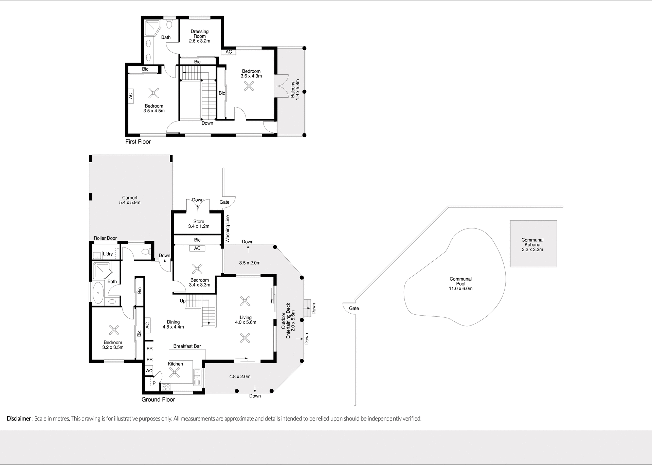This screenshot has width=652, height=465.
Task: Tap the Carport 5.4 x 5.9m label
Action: [130, 200]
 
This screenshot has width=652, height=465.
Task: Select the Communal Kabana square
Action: [533, 244]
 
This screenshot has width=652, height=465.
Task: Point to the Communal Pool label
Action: [460, 284]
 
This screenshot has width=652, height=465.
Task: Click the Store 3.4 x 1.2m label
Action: [199, 224]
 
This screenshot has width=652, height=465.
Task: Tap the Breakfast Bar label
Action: [187, 346]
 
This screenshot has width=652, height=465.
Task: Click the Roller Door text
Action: [105, 238]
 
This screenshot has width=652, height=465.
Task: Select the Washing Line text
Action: [228, 229]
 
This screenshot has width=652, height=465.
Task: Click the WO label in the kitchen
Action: [149, 371]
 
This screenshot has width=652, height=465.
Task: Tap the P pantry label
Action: [154, 383]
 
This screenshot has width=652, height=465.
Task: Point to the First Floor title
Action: [138, 142]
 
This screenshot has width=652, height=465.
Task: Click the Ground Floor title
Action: [158, 399]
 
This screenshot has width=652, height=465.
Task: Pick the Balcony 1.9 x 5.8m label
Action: [295, 89]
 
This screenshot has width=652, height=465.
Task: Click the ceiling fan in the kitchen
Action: [175, 373]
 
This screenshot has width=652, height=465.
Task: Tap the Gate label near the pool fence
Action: [354, 308]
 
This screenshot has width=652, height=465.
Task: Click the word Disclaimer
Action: [19, 418]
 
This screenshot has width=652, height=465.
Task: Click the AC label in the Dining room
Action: [147, 325]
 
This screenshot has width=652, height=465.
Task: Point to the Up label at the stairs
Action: [183, 301]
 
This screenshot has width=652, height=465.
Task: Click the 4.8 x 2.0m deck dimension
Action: [240, 376]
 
